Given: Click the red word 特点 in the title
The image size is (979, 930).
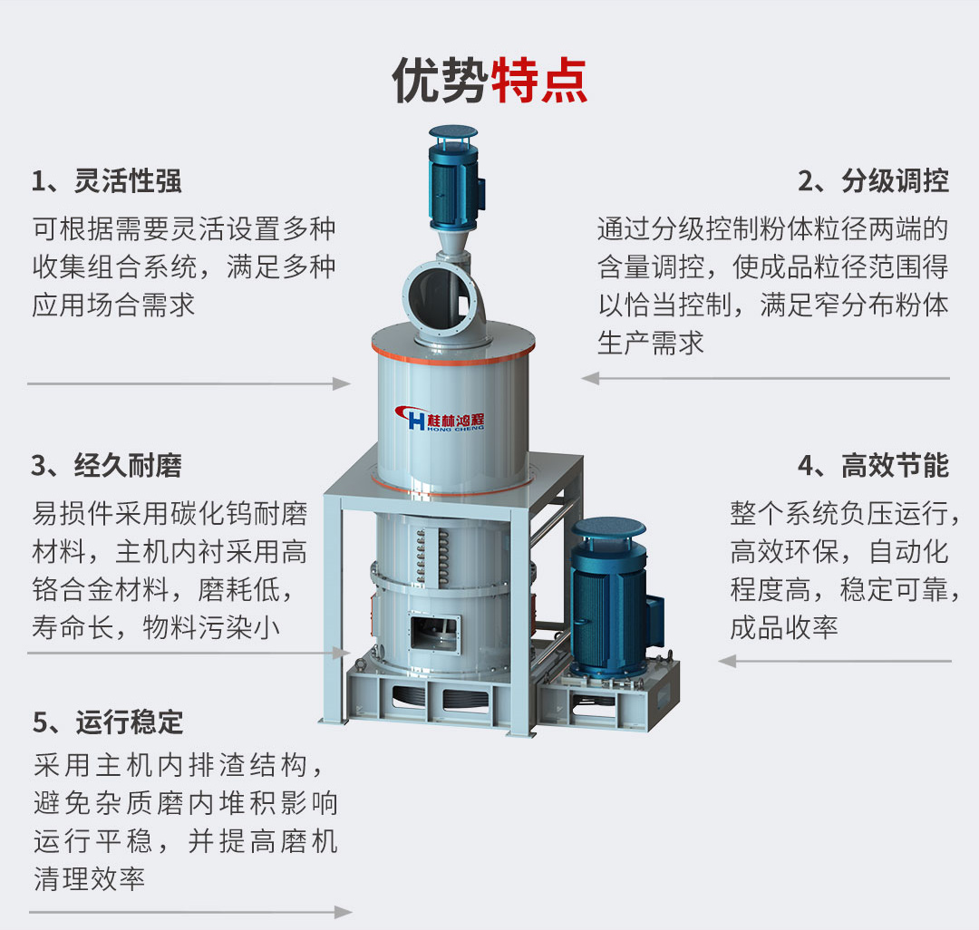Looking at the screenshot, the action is (539, 80).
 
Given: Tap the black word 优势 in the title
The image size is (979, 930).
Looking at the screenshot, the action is (441, 80).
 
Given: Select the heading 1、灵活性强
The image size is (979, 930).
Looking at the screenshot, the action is (107, 181).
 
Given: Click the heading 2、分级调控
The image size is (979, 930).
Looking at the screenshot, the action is (874, 181).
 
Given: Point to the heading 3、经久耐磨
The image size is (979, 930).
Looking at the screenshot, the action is (107, 466).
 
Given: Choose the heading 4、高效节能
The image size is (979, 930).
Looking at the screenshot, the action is (874, 466).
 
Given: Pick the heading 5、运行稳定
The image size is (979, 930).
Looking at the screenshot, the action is (108, 722).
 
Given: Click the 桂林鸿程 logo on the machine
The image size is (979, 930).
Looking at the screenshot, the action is (440, 418).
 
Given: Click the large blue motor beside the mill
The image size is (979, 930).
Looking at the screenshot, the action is (615, 597).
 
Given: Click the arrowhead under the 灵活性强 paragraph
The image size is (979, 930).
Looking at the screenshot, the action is (341, 383).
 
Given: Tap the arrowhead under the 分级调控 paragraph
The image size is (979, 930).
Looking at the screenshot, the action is (591, 378).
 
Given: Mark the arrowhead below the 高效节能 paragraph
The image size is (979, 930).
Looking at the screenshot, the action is (727, 661).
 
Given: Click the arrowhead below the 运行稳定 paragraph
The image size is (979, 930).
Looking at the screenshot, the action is (343, 913).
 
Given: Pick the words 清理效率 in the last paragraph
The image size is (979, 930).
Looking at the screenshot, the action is (89, 879).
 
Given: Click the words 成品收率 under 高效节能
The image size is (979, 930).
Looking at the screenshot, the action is (784, 627).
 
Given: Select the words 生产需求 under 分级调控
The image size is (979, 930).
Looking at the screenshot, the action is (651, 344).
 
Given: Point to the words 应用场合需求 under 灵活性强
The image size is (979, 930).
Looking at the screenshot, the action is (113, 305).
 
